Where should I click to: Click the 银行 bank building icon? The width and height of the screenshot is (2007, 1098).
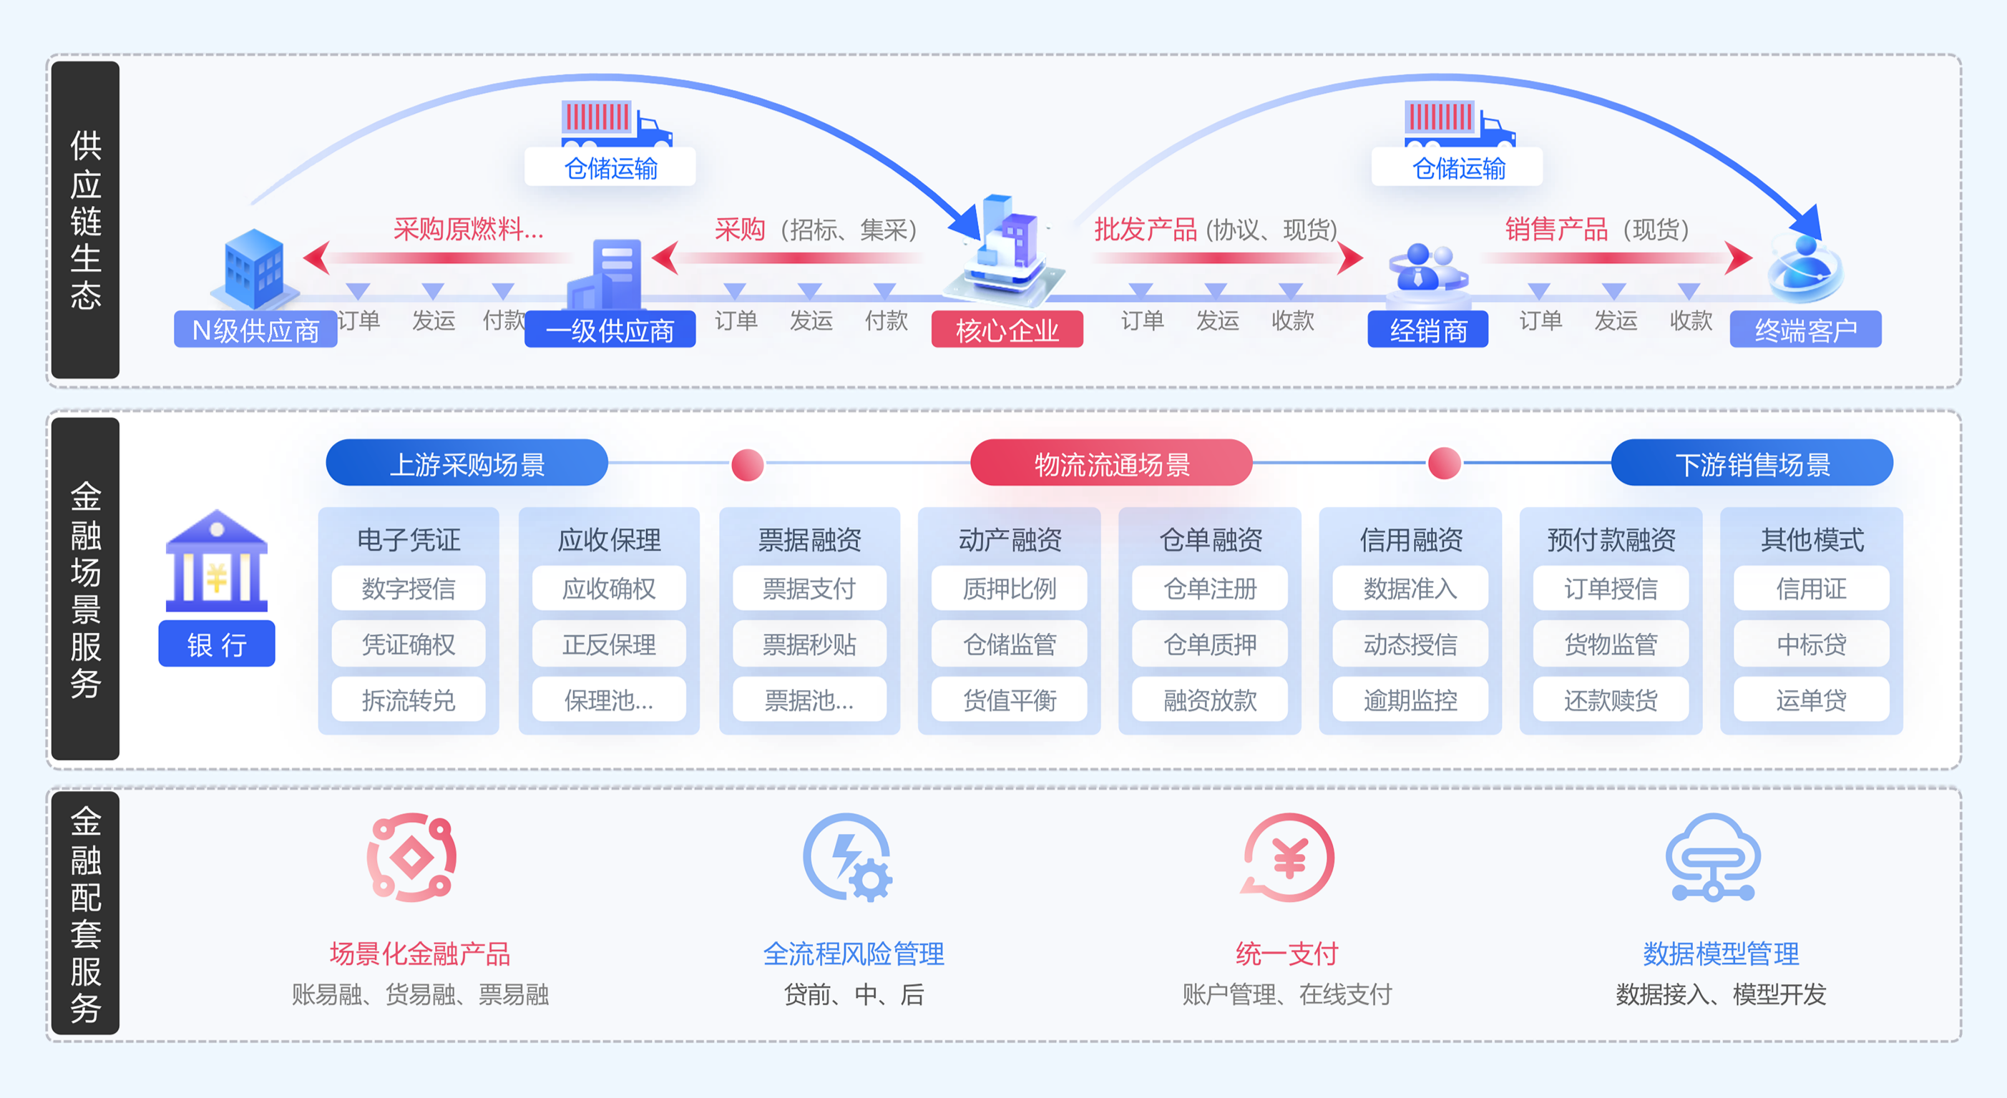pyautogui.click(x=217, y=561)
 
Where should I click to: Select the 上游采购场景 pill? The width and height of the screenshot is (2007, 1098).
pyautogui.click(x=467, y=464)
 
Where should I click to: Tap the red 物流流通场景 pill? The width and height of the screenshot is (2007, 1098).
pyautogui.click(x=1111, y=464)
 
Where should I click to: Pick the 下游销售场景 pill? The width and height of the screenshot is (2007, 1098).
pyautogui.click(x=1752, y=464)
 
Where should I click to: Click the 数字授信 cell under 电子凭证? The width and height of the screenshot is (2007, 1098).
pyautogui.click(x=409, y=588)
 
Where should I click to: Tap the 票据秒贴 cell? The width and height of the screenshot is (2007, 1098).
pyautogui.click(x=809, y=644)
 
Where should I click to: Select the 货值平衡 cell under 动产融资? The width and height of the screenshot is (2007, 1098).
pyautogui.click(x=1009, y=700)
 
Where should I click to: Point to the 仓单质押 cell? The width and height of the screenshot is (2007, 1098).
pyautogui.click(x=1209, y=644)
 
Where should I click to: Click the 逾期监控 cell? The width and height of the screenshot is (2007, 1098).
pyautogui.click(x=1410, y=700)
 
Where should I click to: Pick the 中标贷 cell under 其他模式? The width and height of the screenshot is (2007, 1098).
pyautogui.click(x=1811, y=644)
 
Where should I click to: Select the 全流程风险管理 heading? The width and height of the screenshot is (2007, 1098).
pyautogui.click(x=853, y=954)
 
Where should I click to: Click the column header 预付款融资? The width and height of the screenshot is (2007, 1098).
pyautogui.click(x=1611, y=539)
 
